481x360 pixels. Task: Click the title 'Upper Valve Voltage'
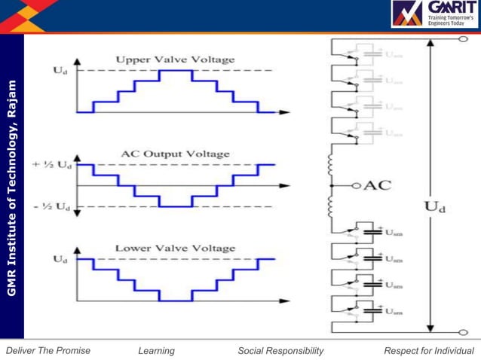(175, 59)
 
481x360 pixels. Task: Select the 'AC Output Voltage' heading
(175, 154)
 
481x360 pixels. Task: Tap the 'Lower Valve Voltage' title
(175, 248)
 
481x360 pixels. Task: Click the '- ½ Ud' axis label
(52, 206)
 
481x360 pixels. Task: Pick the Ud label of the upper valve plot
(60, 70)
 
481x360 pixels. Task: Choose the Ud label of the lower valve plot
(60, 259)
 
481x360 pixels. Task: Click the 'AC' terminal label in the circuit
(378, 185)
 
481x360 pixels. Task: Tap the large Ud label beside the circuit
(436, 206)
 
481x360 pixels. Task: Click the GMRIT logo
(434, 14)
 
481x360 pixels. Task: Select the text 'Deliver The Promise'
(47, 350)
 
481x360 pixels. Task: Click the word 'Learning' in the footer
(156, 350)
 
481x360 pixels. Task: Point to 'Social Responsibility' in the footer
(280, 350)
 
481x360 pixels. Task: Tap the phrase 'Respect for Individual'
(429, 350)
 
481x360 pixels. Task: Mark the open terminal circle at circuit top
(464, 38)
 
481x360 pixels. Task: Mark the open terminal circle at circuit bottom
(464, 331)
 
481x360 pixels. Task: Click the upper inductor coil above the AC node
(329, 163)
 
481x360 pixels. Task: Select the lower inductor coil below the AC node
(329, 206)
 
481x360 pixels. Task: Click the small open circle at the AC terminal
(357, 185)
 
